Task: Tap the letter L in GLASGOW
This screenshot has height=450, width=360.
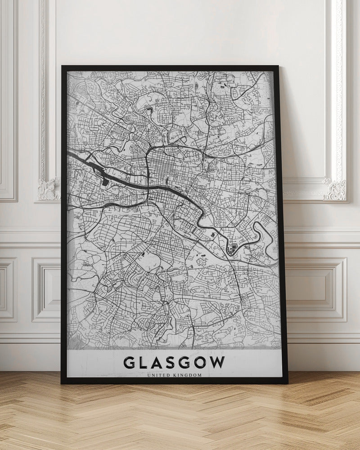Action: coord(145,363)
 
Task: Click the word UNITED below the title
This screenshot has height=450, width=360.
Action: coord(163,374)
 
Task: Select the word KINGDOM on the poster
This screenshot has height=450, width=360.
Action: coord(189,374)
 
